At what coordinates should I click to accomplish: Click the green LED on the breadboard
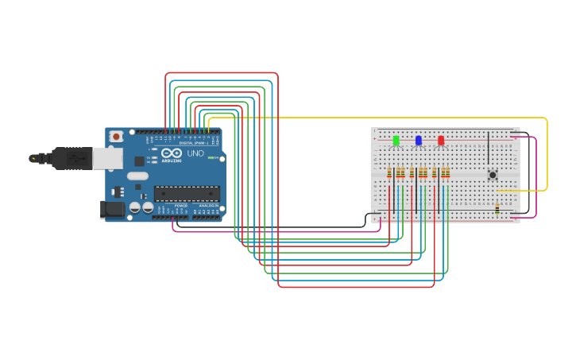(396, 141)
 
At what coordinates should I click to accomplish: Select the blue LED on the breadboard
(419, 141)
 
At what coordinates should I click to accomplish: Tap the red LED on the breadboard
(441, 141)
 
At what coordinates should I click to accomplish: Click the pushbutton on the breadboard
(493, 175)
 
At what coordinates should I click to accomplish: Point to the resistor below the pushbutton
(497, 208)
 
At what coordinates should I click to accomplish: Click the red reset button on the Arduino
(116, 137)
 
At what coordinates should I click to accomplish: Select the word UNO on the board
(195, 153)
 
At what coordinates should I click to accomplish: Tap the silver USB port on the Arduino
(107, 158)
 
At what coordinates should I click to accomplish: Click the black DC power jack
(114, 210)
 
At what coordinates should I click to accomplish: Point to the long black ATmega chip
(187, 193)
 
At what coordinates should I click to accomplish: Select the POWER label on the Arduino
(181, 205)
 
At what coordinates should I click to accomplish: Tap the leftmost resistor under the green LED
(389, 172)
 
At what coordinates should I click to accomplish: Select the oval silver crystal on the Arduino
(137, 176)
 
